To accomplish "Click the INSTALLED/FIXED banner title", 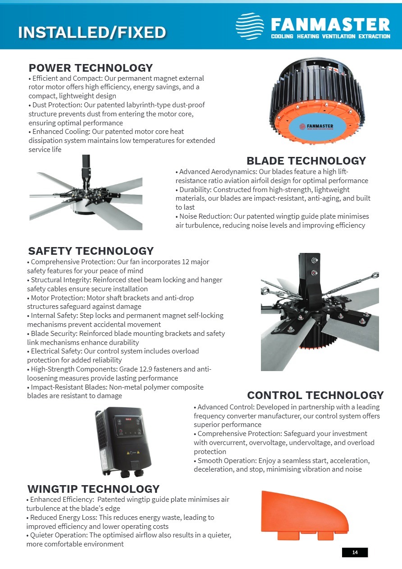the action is (92, 32).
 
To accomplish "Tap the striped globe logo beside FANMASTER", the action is (250, 26).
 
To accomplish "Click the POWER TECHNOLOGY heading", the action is (91, 68).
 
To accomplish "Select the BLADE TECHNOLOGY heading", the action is (306, 161).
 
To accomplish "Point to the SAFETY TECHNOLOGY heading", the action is (91, 251).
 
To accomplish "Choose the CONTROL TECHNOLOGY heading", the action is (315, 395).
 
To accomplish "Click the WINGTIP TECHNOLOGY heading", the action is (93, 489).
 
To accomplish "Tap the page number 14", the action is (355, 552).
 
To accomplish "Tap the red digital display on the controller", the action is (128, 419).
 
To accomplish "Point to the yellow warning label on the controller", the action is (133, 453).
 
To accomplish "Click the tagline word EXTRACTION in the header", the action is (375, 37).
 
